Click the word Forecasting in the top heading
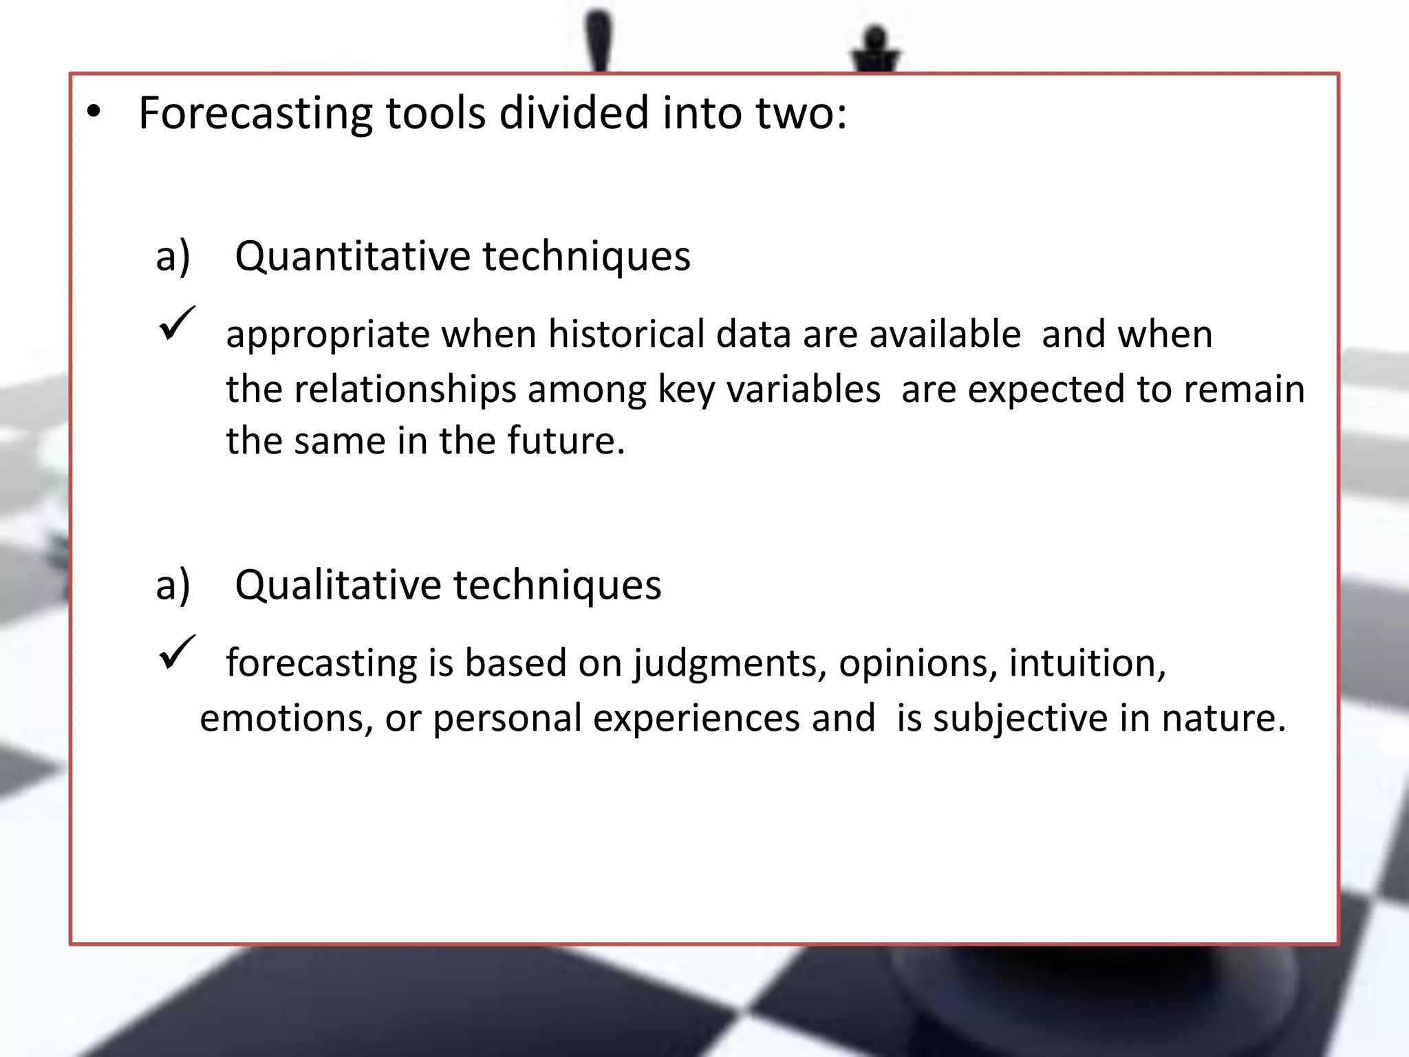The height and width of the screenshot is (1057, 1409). click(x=255, y=114)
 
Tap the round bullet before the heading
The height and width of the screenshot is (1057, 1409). click(x=94, y=112)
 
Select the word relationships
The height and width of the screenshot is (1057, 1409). click(x=405, y=389)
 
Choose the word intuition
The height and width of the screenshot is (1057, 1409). click(x=1087, y=663)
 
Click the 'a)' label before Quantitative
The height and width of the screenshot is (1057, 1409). click(x=173, y=257)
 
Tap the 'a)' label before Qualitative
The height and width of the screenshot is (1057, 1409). click(x=173, y=586)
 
